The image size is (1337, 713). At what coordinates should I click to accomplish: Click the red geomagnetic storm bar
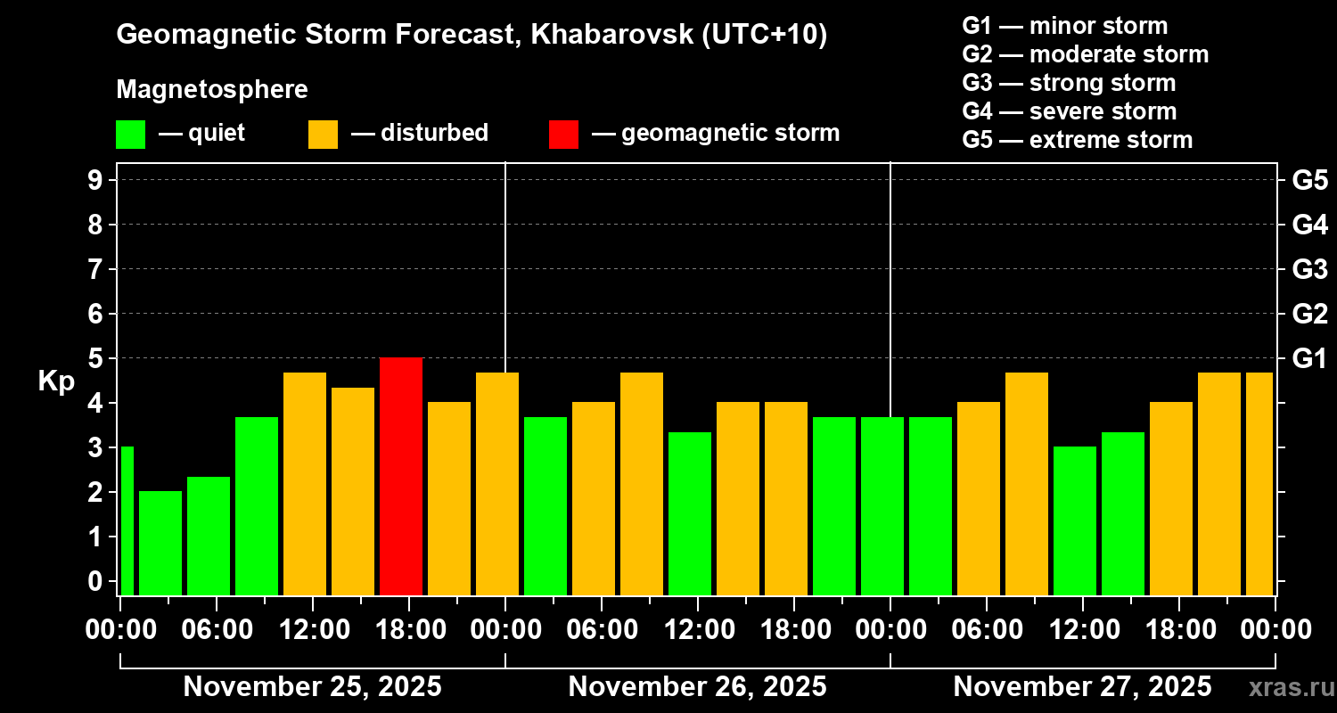point(401,476)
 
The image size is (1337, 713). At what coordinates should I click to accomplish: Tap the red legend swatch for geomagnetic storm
point(563,134)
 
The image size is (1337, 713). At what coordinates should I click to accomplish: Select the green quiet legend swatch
point(130,134)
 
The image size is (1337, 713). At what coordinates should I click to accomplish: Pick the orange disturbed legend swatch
point(323,134)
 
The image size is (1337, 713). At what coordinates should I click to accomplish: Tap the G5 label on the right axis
point(1309,181)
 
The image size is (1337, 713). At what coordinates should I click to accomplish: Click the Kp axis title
point(56,381)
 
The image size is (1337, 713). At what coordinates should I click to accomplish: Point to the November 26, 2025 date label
point(697,687)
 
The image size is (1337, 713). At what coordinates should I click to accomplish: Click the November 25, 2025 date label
point(312,687)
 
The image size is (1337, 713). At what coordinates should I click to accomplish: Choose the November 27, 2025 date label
point(1082,687)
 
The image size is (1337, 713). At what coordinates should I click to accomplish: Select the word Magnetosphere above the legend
point(212,90)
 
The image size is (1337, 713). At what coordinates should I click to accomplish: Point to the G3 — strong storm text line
point(1069,83)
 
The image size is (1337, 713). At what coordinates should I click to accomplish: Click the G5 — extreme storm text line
point(1077,140)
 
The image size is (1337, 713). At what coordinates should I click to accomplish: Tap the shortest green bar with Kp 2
point(160,543)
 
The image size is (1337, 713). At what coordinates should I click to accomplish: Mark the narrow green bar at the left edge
point(127,520)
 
